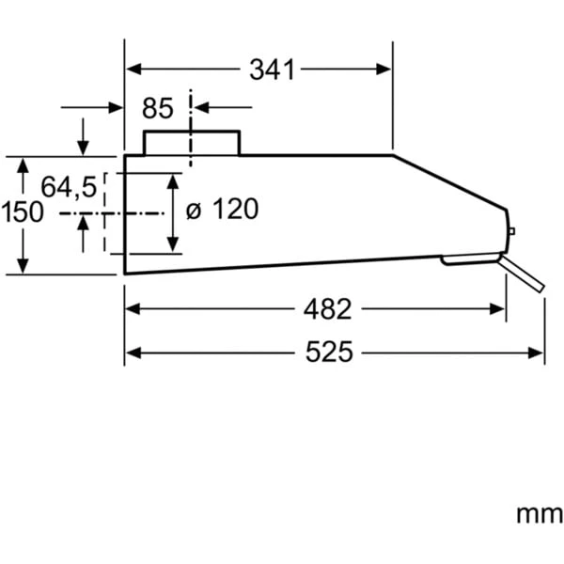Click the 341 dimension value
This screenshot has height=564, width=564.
pyautogui.click(x=273, y=69)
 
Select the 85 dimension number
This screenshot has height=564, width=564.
pyautogui.click(x=158, y=109)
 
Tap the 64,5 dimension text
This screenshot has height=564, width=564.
pyautogui.click(x=68, y=187)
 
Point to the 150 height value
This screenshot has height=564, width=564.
pyautogui.click(x=22, y=212)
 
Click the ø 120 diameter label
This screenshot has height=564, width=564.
pyautogui.click(x=222, y=210)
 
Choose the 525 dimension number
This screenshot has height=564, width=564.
pyautogui.click(x=329, y=352)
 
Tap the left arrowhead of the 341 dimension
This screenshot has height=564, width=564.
pyautogui.click(x=132, y=69)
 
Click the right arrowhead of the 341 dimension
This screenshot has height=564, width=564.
pyautogui.click(x=385, y=69)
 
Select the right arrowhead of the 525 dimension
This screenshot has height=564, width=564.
pyautogui.click(x=538, y=352)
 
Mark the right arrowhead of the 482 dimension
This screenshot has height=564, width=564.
pyautogui.click(x=499, y=308)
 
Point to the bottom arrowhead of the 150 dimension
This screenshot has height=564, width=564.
pyautogui.click(x=23, y=267)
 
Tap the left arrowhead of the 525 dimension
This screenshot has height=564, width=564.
pyautogui.click(x=132, y=352)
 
